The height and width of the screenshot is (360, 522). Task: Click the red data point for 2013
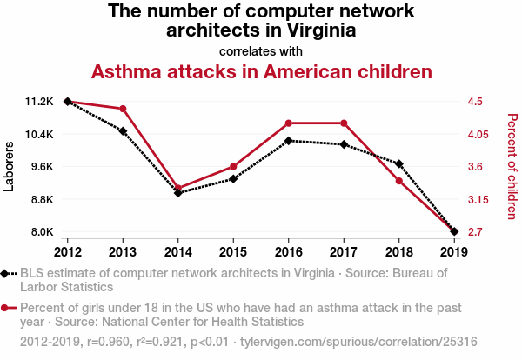click(123, 109)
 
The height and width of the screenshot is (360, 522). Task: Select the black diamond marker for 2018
click(398, 163)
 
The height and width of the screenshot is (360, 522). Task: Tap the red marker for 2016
click(289, 123)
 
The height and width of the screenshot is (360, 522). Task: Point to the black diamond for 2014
click(178, 192)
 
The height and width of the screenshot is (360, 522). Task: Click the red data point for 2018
click(398, 181)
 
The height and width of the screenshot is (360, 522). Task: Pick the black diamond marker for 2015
click(233, 179)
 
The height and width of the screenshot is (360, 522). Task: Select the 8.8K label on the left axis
click(41, 199)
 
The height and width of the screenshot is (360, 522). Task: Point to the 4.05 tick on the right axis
click(479, 135)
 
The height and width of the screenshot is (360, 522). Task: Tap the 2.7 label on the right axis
click(475, 232)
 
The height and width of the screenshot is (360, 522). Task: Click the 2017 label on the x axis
click(344, 252)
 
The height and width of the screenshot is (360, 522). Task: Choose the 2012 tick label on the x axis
click(68, 252)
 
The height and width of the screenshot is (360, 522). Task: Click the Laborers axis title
click(10, 166)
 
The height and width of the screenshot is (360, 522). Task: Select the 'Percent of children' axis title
click(512, 166)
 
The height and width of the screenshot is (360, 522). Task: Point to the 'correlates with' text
click(261, 50)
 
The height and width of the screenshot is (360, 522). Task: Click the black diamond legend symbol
click(9, 273)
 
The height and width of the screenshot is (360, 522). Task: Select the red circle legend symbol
click(9, 308)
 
